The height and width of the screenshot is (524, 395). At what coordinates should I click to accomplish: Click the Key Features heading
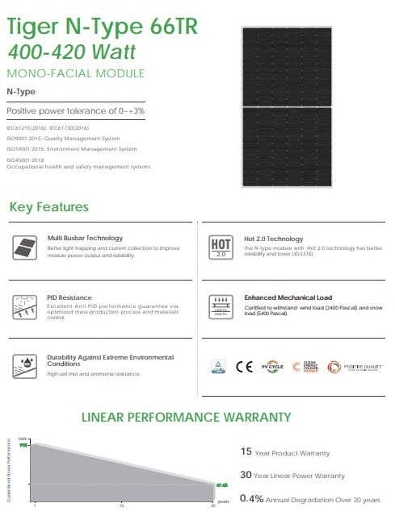[48, 207]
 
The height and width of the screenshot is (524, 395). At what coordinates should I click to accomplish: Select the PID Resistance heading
[69, 297]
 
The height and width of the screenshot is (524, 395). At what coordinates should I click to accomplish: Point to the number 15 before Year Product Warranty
[247, 451]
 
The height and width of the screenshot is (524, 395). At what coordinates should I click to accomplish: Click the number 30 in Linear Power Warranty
[248, 476]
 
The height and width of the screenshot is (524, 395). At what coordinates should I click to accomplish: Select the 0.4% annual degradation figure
[254, 500]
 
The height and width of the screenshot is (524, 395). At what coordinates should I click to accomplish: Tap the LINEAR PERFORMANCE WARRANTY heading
[186, 417]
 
